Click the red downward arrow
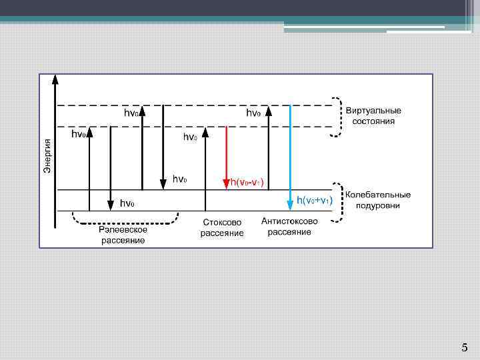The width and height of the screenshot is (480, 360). click(227, 157)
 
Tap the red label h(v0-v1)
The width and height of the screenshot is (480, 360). click(247, 182)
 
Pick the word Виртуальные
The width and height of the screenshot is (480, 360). click(373, 111)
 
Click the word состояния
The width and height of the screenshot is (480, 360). click(373, 121)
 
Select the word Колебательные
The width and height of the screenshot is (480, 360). click(378, 195)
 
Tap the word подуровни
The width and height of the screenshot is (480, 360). click(378, 205)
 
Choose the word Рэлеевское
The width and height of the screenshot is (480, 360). click(123, 229)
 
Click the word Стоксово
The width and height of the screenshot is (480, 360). click(222, 222)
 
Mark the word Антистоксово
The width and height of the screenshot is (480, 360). click(289, 221)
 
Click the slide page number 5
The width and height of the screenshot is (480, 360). click(465, 347)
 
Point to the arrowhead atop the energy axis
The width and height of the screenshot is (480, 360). click(55, 79)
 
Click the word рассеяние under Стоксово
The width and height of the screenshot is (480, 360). click(222, 233)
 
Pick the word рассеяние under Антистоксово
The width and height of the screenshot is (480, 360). click(289, 232)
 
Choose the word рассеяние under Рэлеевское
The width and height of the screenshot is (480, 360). click(123, 240)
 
